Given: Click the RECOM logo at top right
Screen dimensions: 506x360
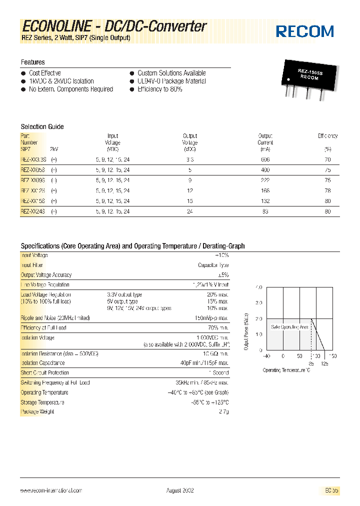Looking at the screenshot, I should coord(305,31).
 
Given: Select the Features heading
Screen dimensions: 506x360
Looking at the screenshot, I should coord(32,62).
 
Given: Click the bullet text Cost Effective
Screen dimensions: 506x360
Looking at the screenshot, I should coord(45,73).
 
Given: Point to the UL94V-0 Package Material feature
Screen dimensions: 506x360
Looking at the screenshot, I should coord(171,81).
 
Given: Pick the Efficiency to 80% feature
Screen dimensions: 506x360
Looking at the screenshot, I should coord(159,89).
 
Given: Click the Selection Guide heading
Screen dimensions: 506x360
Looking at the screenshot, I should coord(42,126).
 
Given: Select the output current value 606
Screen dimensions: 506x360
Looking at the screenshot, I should coord(265,159).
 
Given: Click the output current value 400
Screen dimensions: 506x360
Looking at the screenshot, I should coord(265,170).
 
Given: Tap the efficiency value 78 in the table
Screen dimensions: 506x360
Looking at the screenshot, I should coord(327,190).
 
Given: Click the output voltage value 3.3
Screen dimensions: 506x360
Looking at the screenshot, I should coord(190,159).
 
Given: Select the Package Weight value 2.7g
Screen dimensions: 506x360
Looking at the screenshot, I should coord(223,411).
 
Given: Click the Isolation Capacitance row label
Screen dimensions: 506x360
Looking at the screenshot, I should coord(42,363).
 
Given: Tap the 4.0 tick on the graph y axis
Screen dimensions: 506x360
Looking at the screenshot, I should coord(258,287).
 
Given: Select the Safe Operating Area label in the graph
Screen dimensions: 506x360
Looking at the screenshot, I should coord(289,326).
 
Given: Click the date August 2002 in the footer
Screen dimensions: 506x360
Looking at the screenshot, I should coord(180,490).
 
